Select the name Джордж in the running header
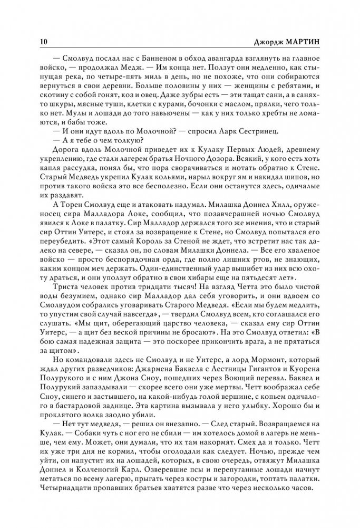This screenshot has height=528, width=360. pos(271,42)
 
